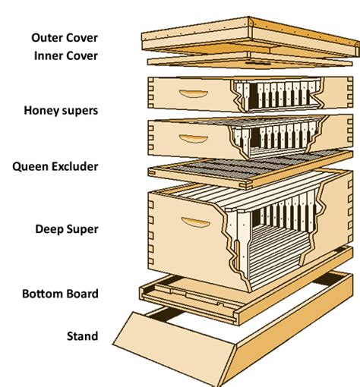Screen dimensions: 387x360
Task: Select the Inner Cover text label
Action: pyautogui.click(x=66, y=55)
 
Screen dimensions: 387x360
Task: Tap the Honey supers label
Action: pyautogui.click(x=67, y=111)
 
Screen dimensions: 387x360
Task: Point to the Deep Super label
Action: pyautogui.click(x=70, y=228)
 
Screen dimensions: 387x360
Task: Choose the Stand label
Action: pyautogui.click(x=82, y=335)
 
